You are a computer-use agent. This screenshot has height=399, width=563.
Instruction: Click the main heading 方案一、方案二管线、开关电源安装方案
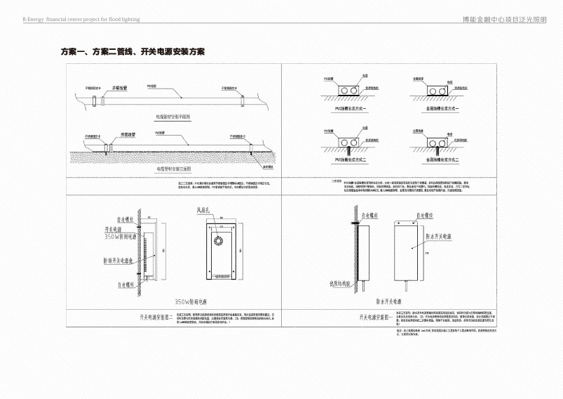click(133, 53)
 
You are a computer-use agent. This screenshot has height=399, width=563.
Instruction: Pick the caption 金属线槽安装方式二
click(439, 161)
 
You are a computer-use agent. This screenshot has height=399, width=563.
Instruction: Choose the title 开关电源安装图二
click(161, 316)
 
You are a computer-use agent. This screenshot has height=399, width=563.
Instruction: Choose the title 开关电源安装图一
click(379, 316)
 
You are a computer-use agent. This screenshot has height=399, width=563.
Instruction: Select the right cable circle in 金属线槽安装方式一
click(445, 91)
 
